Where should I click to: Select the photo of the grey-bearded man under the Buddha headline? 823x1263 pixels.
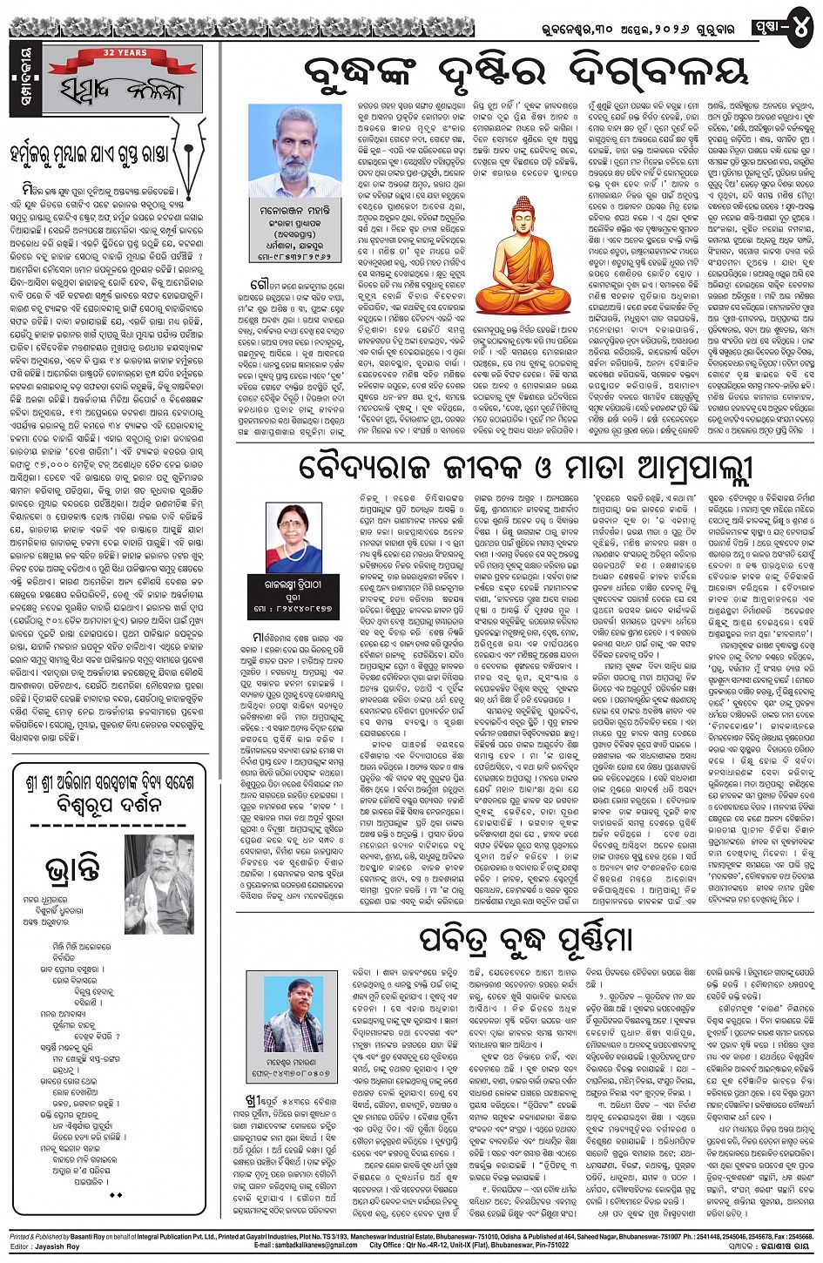[294, 150]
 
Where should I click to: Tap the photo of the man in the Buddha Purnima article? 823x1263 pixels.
[293, 1014]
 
